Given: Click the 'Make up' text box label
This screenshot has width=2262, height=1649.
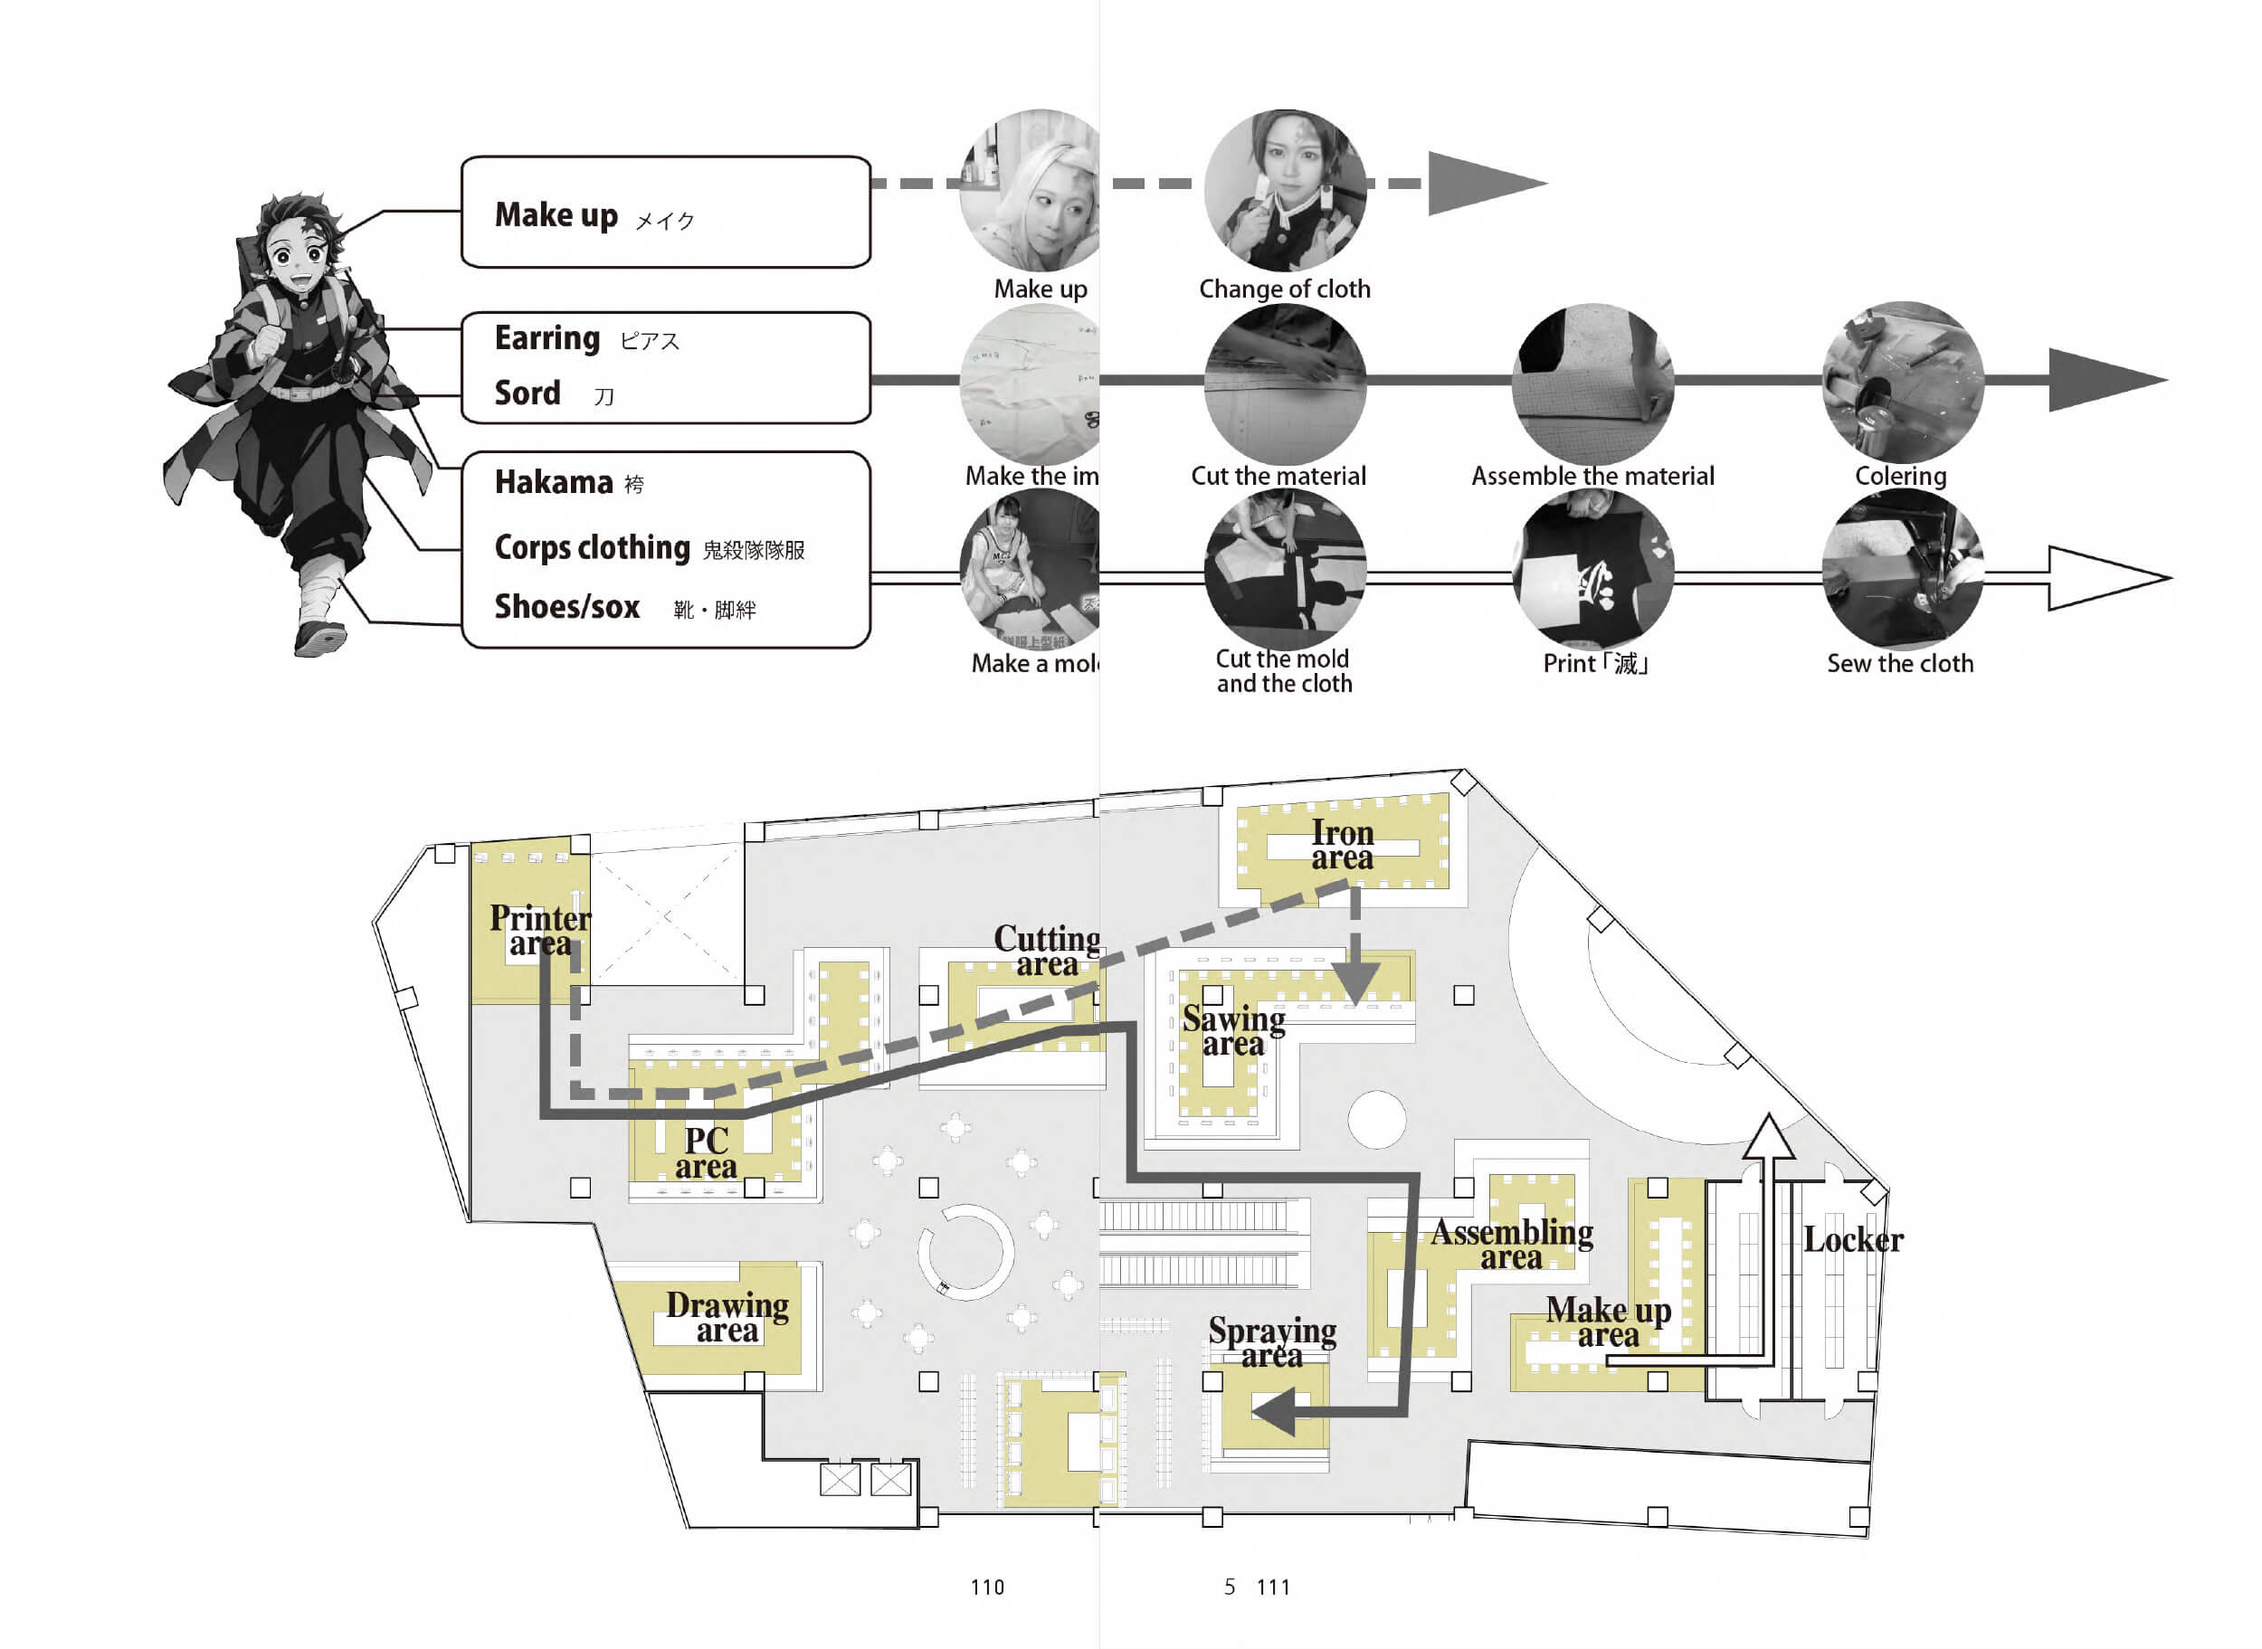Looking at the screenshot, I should tap(556, 214).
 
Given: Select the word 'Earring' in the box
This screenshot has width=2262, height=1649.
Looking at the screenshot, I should tap(547, 338).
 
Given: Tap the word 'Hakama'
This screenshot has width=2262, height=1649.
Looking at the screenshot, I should tap(553, 482).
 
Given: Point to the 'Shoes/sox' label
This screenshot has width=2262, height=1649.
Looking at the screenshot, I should tap(567, 607).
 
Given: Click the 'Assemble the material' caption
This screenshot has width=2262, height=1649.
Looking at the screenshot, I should tap(1592, 476).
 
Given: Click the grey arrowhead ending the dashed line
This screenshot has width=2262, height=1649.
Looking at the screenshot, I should tap(1478, 184).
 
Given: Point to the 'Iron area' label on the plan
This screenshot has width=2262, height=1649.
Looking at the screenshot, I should tap(1342, 846).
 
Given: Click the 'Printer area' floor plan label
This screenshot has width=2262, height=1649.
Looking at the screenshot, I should tap(540, 930).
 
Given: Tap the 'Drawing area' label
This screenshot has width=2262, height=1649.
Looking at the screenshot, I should tap(727, 1318).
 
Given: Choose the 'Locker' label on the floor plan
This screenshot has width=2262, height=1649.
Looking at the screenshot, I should tap(1853, 1241).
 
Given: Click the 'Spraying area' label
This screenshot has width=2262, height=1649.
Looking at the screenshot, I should tap(1272, 1342).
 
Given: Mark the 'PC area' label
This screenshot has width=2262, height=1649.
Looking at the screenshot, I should tap(706, 1153).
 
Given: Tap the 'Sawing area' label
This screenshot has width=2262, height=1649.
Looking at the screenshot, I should tap(1234, 1031).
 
